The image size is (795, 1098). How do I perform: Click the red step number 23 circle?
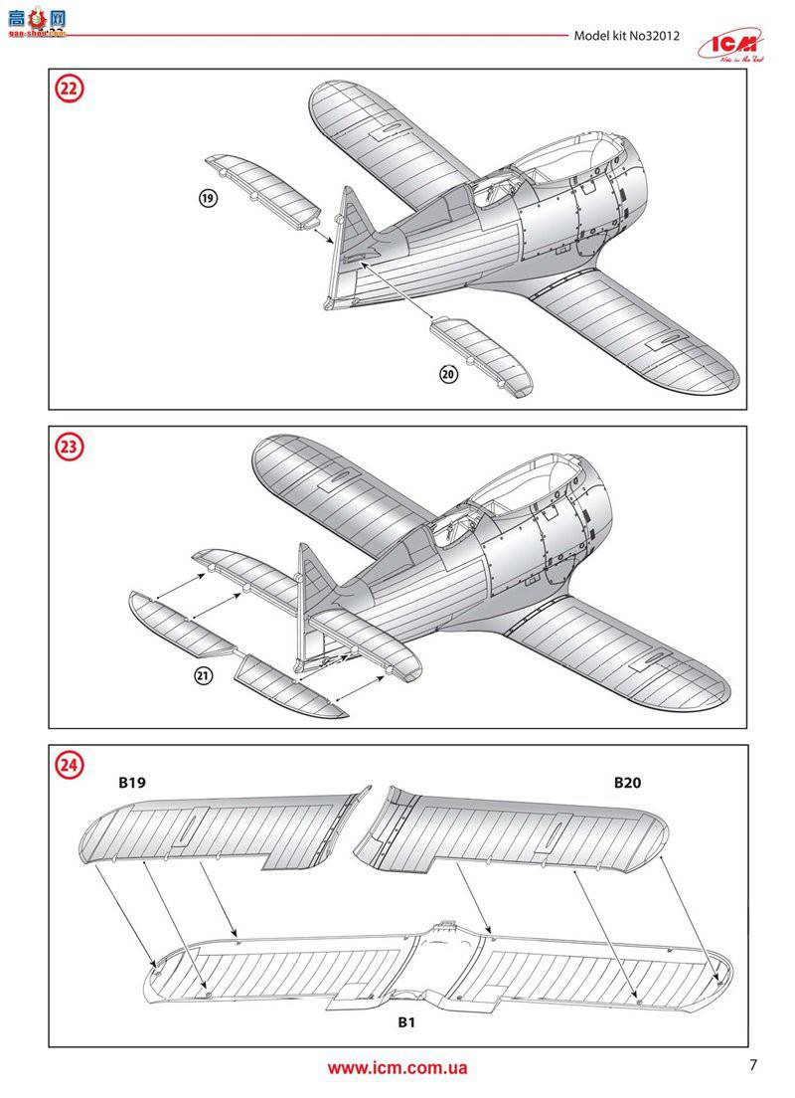click(69, 448)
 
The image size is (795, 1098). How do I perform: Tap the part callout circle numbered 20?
click(448, 374)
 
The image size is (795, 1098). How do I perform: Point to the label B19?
click(132, 783)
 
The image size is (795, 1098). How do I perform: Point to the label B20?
click(627, 783)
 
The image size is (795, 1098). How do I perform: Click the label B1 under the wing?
click(405, 1022)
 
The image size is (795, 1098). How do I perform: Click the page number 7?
click(753, 1065)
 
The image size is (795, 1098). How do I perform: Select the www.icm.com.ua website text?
click(397, 1069)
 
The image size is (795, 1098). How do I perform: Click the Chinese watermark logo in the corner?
click(35, 23)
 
